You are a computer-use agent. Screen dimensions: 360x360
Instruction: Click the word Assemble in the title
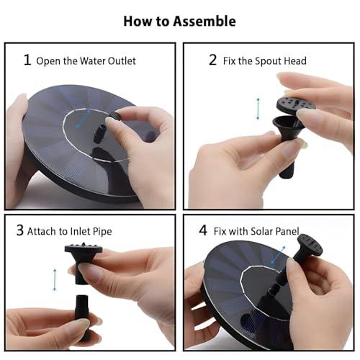tap(204, 21)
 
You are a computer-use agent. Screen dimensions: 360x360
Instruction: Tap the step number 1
tap(27, 60)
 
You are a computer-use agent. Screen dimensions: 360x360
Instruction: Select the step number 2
tap(212, 60)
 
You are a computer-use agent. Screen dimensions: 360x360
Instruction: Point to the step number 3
tap(20, 230)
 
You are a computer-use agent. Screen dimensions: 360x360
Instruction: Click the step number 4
tap(203, 230)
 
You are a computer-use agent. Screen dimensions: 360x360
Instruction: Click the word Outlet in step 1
tap(122, 61)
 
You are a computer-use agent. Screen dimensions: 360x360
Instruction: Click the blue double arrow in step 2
tap(258, 109)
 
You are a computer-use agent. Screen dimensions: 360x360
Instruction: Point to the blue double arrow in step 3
tap(55, 280)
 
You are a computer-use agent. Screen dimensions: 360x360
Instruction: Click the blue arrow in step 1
tap(84, 118)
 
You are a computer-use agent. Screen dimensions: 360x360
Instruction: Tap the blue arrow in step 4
tap(278, 255)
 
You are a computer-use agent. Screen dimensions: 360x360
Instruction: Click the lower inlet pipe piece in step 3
tap(82, 317)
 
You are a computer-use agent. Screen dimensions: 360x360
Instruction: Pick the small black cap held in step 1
tap(114, 116)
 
